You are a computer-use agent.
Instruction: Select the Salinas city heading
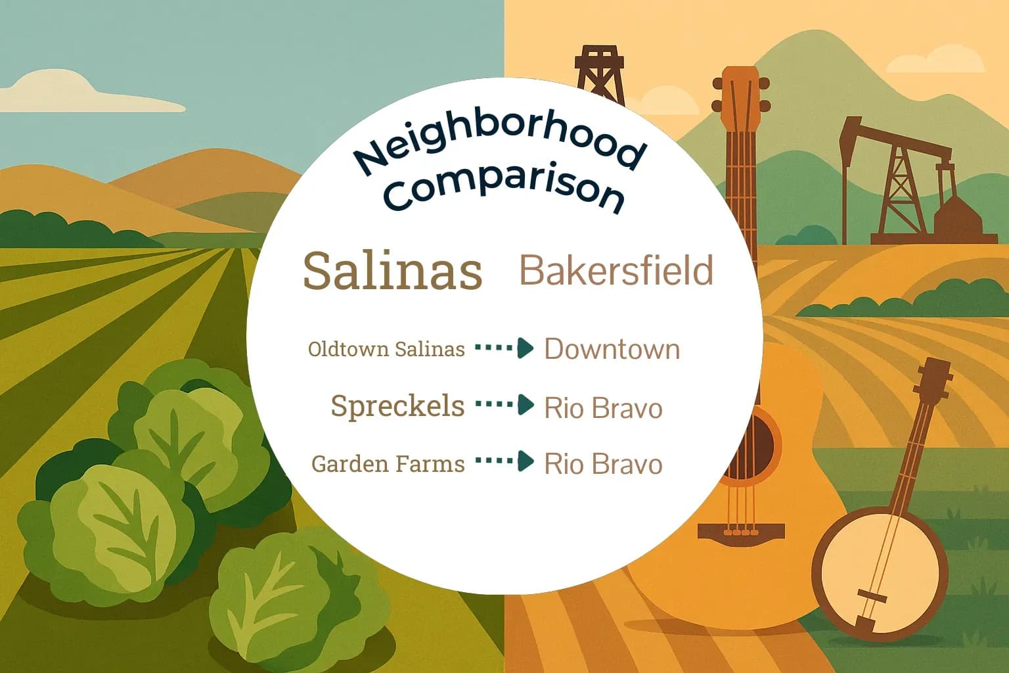(392, 271)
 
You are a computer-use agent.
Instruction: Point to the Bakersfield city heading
(616, 270)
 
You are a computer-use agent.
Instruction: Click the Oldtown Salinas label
(386, 349)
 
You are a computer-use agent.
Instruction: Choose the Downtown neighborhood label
(612, 349)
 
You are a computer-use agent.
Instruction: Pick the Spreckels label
(397, 406)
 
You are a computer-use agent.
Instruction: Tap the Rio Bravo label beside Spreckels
(603, 408)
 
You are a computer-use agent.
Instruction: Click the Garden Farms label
(388, 464)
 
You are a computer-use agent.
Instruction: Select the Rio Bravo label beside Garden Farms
(603, 464)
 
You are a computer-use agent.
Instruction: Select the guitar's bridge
(741, 531)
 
